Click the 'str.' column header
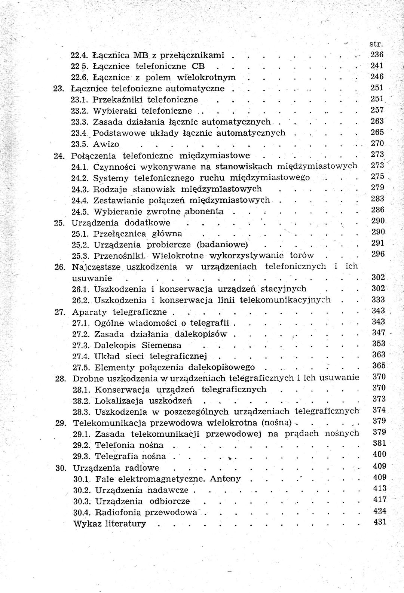click(x=376, y=44)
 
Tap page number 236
click(x=377, y=55)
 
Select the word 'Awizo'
click(x=106, y=144)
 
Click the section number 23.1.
click(x=79, y=100)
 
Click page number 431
click(x=380, y=522)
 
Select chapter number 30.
click(x=61, y=468)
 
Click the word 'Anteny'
click(x=225, y=479)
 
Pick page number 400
click(x=380, y=455)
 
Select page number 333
click(x=378, y=299)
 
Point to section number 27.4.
click(x=80, y=356)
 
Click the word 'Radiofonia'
click(x=119, y=512)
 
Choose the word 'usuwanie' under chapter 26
click(x=92, y=278)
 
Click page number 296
click(x=378, y=254)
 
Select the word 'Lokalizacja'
click(x=119, y=401)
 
